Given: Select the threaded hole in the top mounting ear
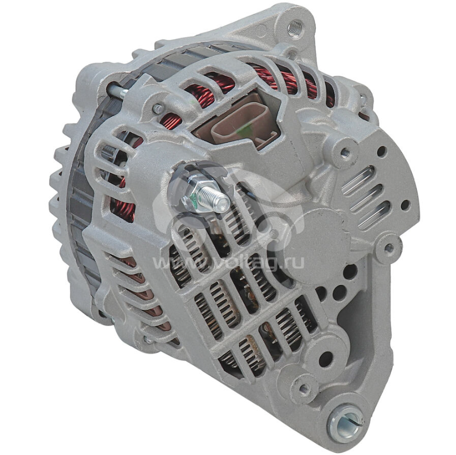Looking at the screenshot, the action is pos(294,28).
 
